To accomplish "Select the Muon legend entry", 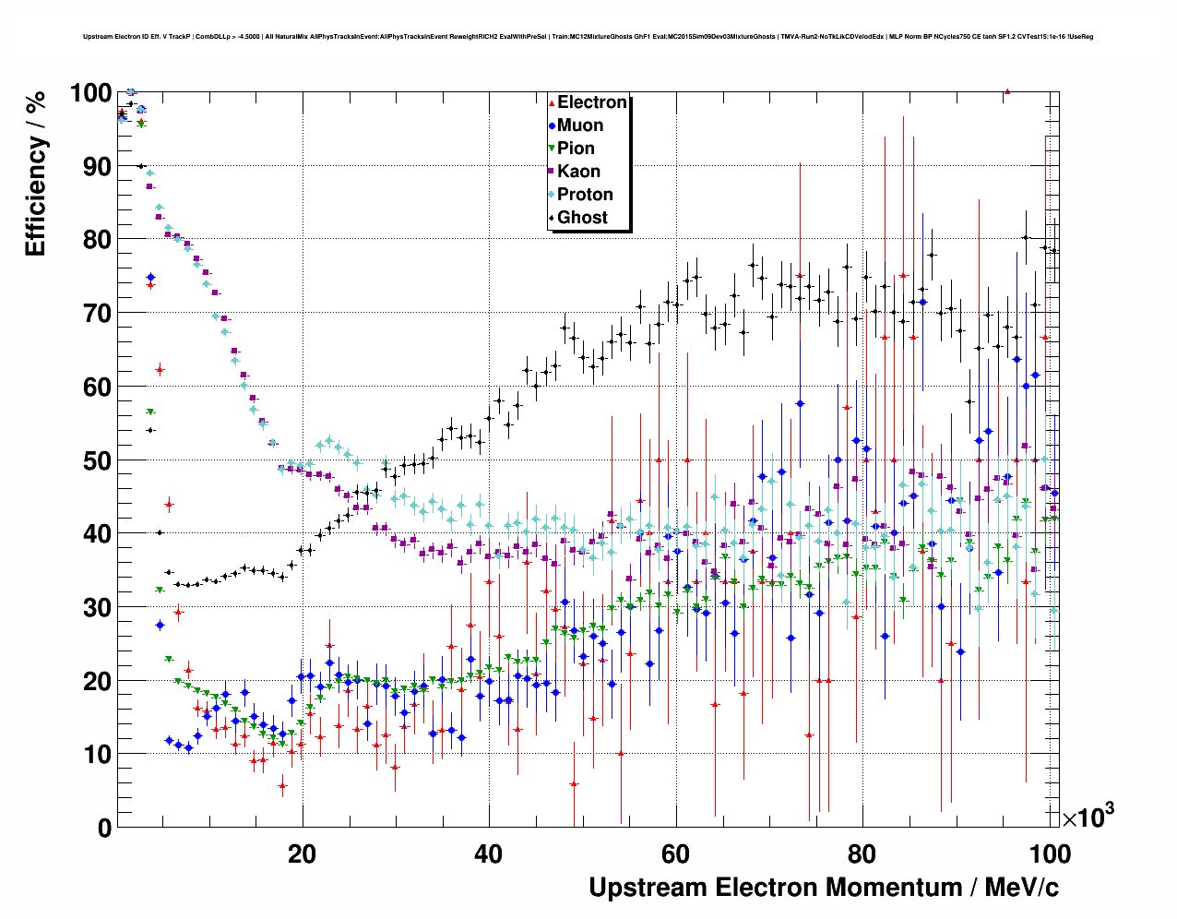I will click(x=580, y=125).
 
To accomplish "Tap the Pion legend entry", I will click(x=576, y=149).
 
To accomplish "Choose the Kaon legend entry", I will click(x=578, y=172).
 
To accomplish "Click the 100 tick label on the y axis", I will click(x=90, y=93).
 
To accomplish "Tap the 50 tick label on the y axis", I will click(x=96, y=460).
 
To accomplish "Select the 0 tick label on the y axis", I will click(x=103, y=828).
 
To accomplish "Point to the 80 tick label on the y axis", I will click(x=96, y=240).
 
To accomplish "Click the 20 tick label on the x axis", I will click(x=302, y=854).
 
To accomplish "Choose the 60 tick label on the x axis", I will click(x=675, y=854).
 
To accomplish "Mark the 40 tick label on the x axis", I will click(x=489, y=854).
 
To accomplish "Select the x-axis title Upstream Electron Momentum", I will click(x=824, y=888).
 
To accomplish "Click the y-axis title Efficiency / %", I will click(x=35, y=174).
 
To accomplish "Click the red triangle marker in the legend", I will click(x=552, y=102).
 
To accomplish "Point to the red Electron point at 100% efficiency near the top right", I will click(x=1007, y=91).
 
